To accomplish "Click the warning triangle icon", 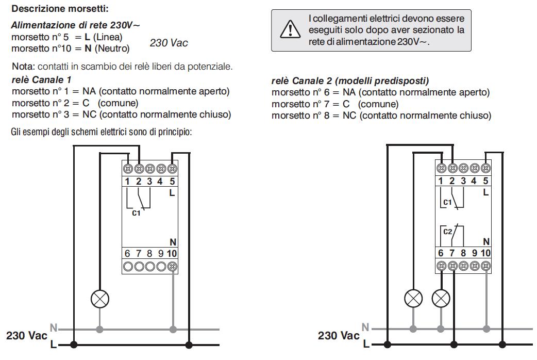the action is (290, 29).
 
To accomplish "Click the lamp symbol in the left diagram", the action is (100, 299).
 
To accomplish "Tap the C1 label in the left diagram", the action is (136, 213).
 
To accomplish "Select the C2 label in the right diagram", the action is (448, 232).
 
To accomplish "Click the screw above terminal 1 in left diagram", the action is (128, 169).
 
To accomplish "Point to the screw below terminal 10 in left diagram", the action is (173, 267).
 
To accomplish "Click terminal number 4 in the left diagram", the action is (160, 181).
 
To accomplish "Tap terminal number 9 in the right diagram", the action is (474, 253).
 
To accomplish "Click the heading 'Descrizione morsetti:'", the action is (60, 9).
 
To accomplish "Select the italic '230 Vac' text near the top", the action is (169, 43).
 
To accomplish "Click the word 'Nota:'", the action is (23, 66).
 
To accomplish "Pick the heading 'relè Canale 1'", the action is (41, 80).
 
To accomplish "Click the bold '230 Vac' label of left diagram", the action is (27, 335).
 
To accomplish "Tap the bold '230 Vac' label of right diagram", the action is (339, 335).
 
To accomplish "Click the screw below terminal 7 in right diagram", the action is (453, 266).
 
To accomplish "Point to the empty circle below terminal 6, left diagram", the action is (128, 267).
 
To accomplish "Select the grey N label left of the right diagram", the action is (365, 327).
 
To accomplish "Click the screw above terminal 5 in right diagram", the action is (485, 168).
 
